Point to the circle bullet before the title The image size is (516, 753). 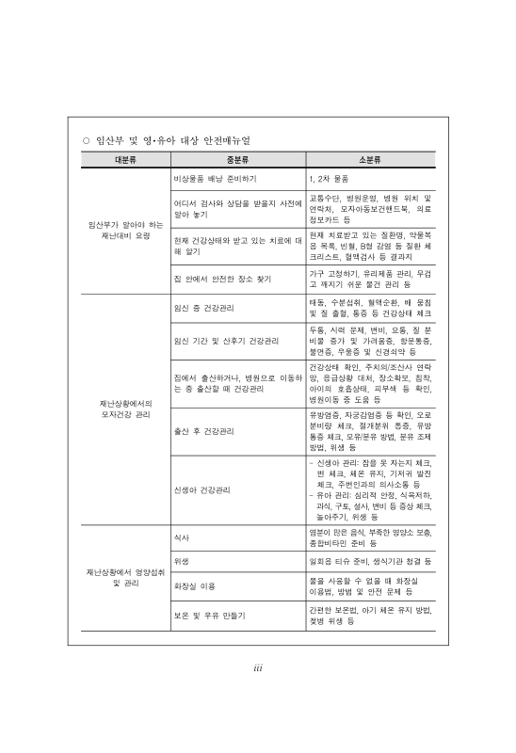[x=86, y=141]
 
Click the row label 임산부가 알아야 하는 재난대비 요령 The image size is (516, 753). [x=125, y=231]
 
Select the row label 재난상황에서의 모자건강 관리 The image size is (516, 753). [x=125, y=409]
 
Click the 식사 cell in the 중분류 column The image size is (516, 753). [x=183, y=537]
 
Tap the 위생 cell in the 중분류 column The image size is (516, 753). [x=183, y=561]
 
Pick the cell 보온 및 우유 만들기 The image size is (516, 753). [x=209, y=615]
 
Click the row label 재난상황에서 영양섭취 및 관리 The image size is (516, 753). [x=125, y=577]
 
